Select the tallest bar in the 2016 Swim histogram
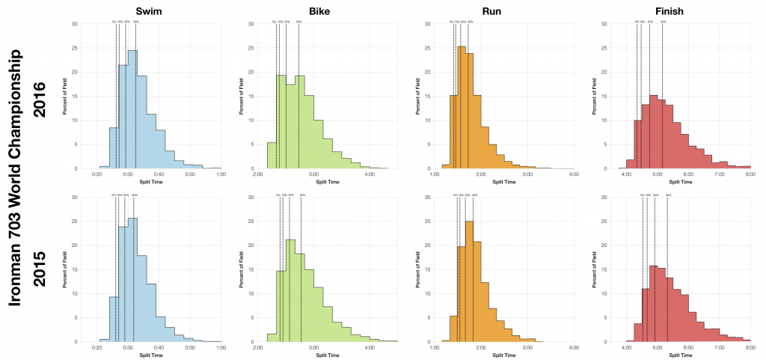click(x=132, y=112)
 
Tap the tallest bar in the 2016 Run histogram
click(x=461, y=109)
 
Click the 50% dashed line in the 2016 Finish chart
click(x=663, y=97)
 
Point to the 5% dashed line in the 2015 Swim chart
click(x=116, y=269)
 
